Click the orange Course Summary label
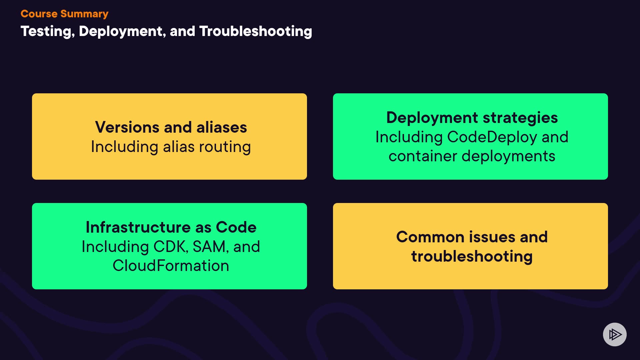click(64, 14)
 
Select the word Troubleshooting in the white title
click(256, 31)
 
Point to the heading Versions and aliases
click(171, 127)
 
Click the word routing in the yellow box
click(225, 147)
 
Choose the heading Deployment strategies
click(472, 118)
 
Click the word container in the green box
click(423, 156)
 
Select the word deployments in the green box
click(508, 156)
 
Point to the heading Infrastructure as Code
click(171, 227)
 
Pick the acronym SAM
click(210, 247)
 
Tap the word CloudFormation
click(171, 266)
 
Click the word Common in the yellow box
click(430, 237)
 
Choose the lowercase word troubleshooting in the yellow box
click(472, 257)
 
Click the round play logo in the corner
click(615, 334)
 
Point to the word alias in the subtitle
click(179, 147)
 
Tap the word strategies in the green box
click(520, 118)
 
